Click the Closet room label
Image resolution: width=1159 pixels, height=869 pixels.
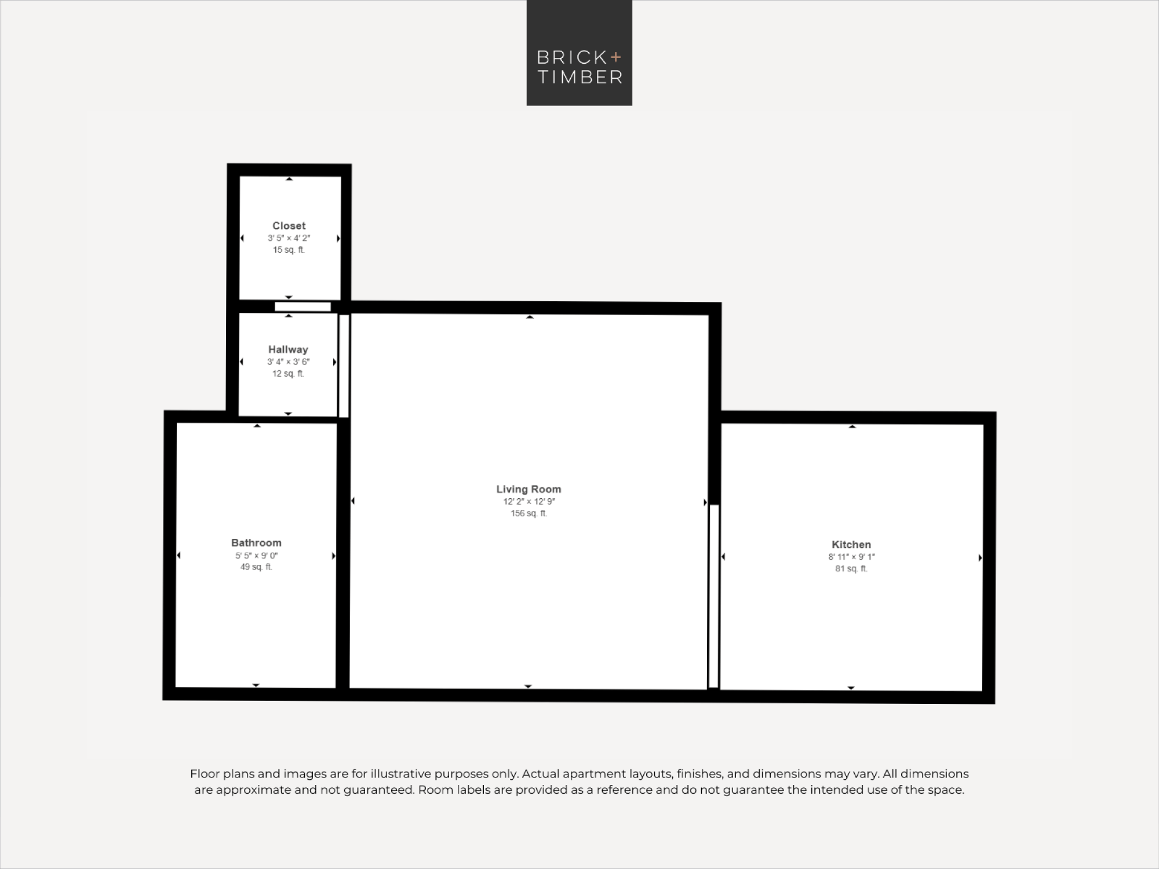pos(289,226)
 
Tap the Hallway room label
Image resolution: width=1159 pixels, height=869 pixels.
pos(288,349)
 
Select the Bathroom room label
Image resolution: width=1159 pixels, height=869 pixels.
pos(256,543)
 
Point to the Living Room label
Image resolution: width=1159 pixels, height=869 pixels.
pos(529,489)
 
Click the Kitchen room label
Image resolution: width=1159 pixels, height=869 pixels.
pos(851,545)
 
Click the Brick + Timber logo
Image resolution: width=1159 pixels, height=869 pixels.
pos(579,53)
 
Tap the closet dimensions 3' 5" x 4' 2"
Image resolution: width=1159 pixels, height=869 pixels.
pos(289,238)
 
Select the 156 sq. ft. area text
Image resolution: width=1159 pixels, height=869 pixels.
pos(529,513)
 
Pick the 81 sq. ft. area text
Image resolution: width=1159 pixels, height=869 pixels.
pos(851,569)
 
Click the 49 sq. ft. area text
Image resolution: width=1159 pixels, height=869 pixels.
pos(256,567)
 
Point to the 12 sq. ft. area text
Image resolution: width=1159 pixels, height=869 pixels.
pos(288,374)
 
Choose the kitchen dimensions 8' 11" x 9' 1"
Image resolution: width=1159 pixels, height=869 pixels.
pos(851,557)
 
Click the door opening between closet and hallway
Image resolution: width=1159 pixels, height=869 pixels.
pos(302,307)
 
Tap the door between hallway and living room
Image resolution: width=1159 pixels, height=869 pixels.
pos(344,366)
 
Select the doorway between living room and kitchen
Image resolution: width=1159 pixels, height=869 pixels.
pos(714,596)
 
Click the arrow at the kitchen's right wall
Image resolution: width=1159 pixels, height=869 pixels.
pos(981,558)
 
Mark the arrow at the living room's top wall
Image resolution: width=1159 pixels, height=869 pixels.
pos(530,317)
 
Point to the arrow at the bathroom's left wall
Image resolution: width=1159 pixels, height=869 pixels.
pos(178,556)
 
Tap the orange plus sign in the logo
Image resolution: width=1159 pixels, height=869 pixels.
pos(615,57)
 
